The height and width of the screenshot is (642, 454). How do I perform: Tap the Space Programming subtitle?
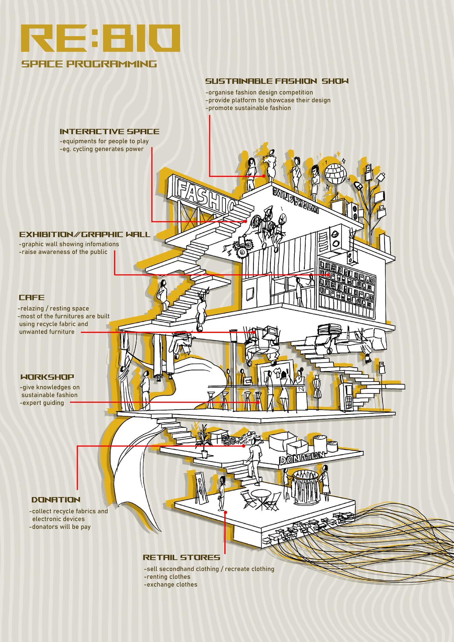click(89, 64)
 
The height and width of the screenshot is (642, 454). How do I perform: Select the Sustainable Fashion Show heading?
click(277, 81)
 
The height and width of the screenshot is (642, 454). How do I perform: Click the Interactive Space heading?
click(109, 131)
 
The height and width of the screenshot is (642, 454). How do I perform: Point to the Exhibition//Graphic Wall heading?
click(85, 234)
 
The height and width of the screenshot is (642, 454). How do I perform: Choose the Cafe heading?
click(32, 298)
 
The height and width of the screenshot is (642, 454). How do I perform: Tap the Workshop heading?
click(47, 377)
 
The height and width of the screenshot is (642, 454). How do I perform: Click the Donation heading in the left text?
click(56, 500)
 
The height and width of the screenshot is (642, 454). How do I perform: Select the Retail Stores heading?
click(181, 557)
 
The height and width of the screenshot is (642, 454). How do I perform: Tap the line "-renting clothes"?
click(167, 577)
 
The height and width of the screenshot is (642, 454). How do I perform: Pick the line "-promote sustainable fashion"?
click(248, 108)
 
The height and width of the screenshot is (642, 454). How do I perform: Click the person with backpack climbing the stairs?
click(162, 294)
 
